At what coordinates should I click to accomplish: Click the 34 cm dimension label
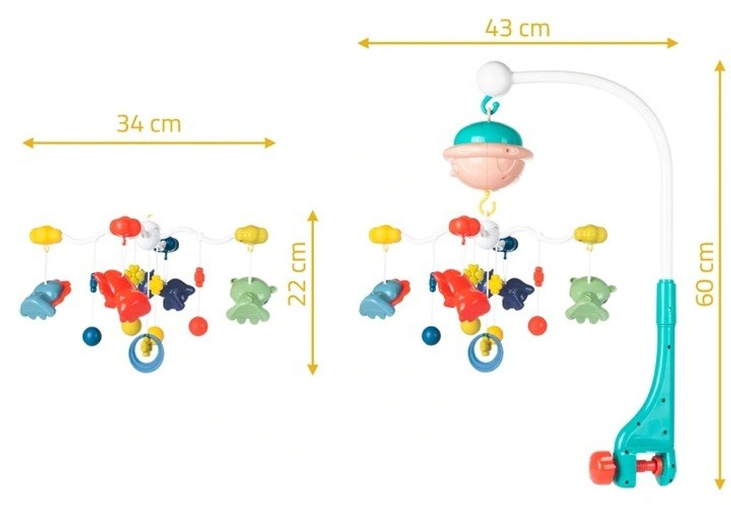tap(148, 124)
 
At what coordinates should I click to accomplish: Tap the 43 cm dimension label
tap(518, 28)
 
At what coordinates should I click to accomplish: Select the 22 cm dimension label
tap(297, 274)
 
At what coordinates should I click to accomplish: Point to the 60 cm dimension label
tap(705, 274)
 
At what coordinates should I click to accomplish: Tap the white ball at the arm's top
tap(494, 77)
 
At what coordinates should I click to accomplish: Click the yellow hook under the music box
tap(487, 203)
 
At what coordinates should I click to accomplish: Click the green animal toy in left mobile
tap(251, 300)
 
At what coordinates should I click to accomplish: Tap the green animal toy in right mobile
tap(590, 300)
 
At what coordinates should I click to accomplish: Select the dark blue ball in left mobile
tap(92, 336)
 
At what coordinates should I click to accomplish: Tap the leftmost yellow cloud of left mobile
tap(46, 235)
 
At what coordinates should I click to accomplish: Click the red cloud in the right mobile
tap(465, 227)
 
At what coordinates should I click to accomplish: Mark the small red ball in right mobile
tap(538, 325)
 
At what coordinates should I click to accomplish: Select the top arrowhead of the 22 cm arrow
tap(313, 215)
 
